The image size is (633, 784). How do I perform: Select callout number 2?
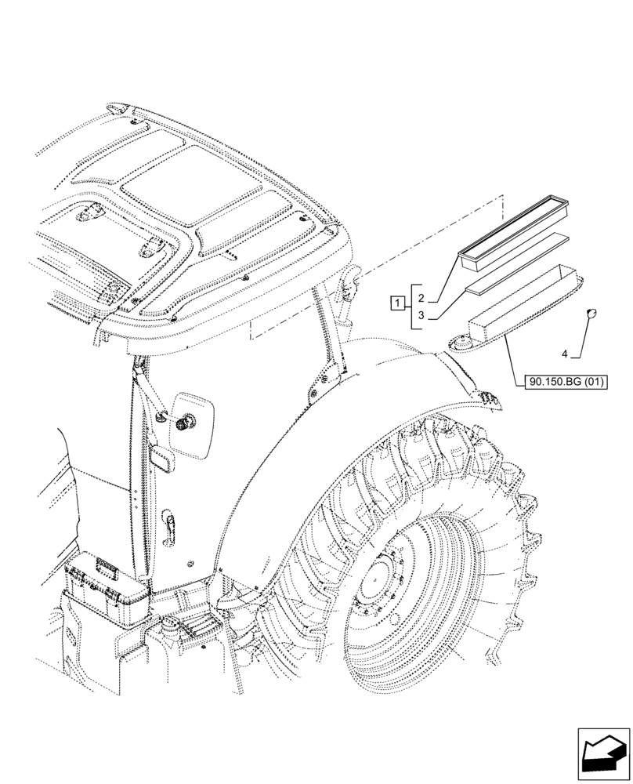click(x=421, y=299)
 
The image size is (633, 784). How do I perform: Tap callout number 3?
click(x=421, y=316)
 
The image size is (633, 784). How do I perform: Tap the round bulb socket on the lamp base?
click(x=460, y=343)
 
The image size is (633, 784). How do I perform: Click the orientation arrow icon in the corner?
click(x=602, y=753)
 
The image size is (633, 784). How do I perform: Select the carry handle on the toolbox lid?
click(x=103, y=565)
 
